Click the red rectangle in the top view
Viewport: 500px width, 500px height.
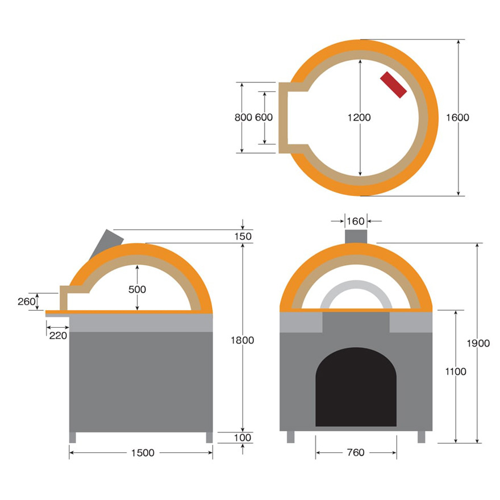tap(394, 85)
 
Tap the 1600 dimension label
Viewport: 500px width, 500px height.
tap(457, 118)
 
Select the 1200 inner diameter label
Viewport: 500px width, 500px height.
tap(359, 118)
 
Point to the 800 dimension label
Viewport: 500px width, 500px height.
tap(243, 118)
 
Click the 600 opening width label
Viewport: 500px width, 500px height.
tap(264, 118)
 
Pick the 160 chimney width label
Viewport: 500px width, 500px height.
tap(356, 221)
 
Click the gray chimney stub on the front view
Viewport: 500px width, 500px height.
tap(356, 236)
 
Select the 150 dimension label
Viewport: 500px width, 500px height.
tap(243, 236)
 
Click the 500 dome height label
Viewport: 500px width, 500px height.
tap(137, 290)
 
